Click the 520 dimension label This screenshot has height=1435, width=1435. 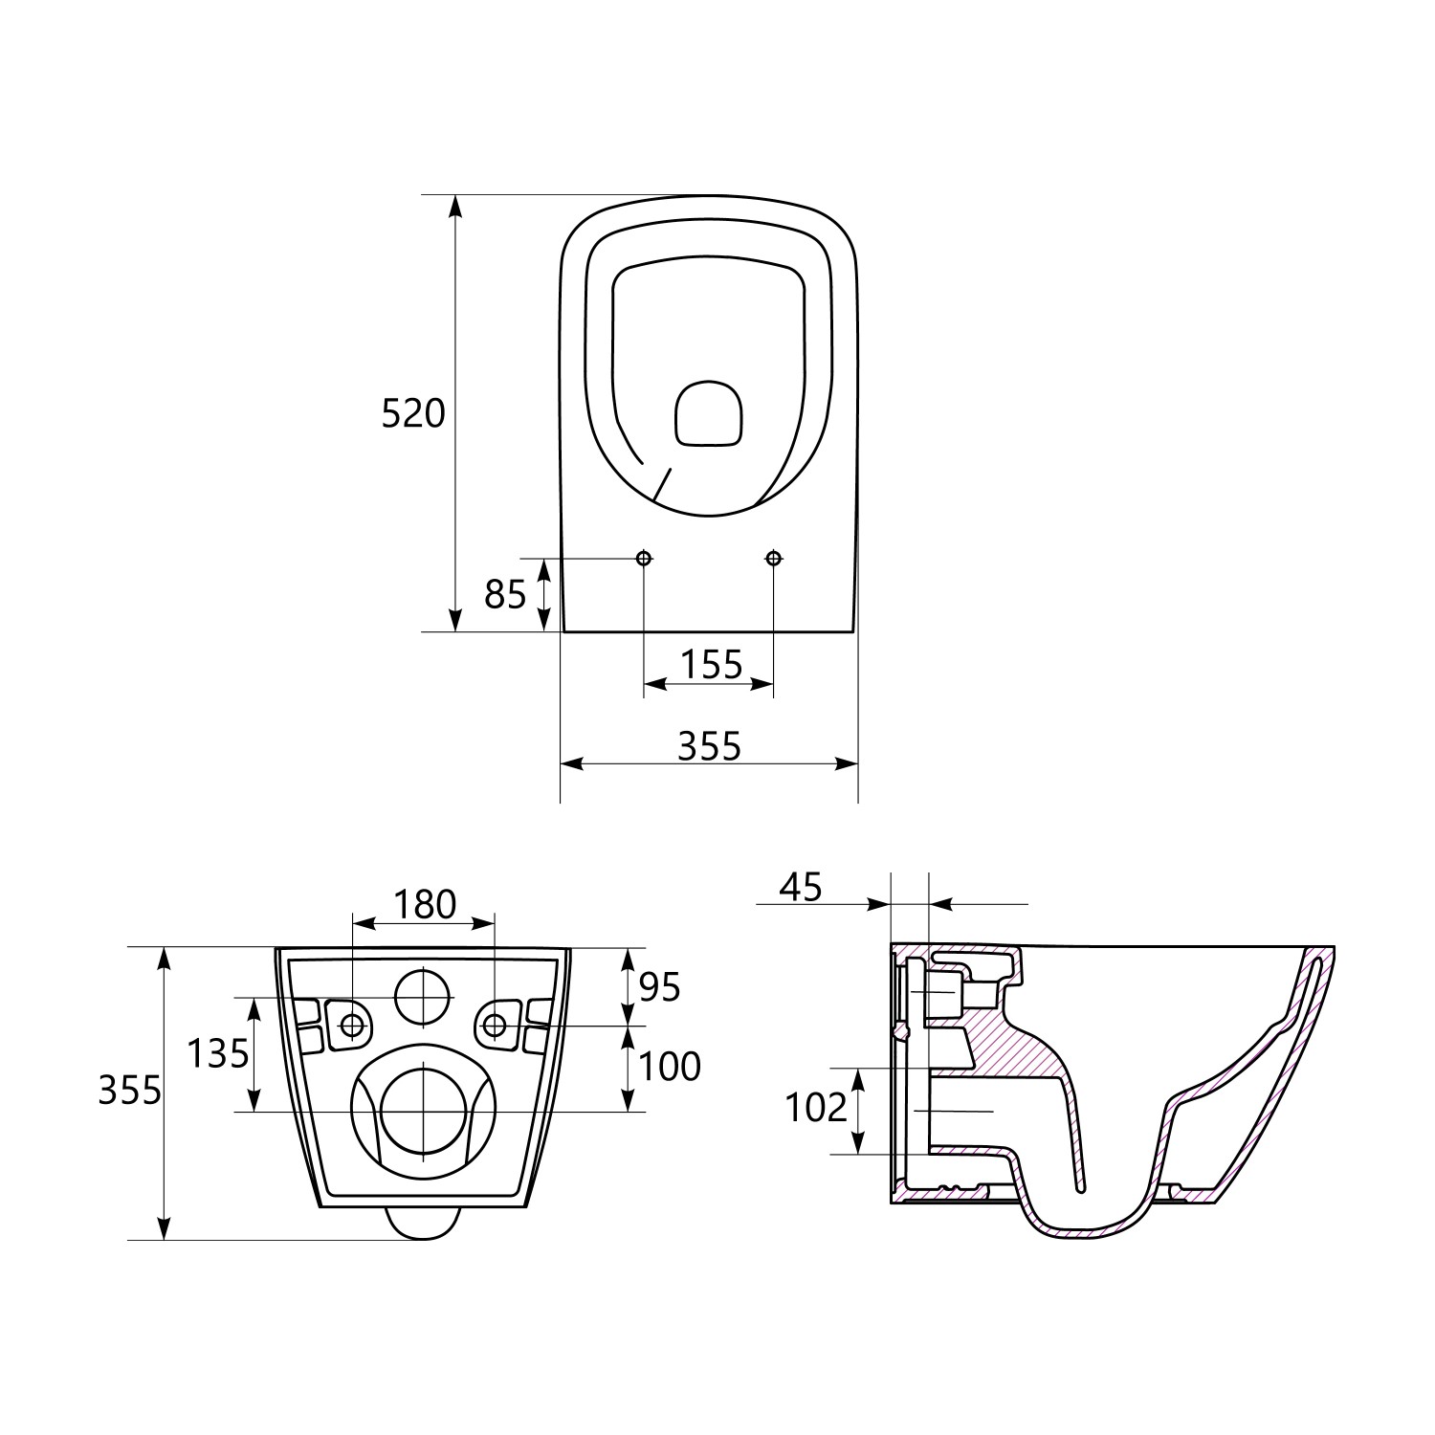pyautogui.click(x=413, y=413)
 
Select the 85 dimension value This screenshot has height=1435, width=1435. pyautogui.click(x=505, y=594)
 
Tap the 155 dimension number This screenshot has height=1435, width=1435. pyautogui.click(x=711, y=663)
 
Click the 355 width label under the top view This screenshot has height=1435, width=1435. pyautogui.click(x=709, y=745)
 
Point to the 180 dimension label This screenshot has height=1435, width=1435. pyautogui.click(x=426, y=904)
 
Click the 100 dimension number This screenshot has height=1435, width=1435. pyautogui.click(x=670, y=1066)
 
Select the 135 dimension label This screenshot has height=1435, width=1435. pyautogui.click(x=218, y=1053)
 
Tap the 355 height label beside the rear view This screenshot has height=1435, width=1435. pyautogui.click(x=130, y=1090)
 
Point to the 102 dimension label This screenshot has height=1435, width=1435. pyautogui.click(x=816, y=1108)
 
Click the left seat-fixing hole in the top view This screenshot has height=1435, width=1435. pyautogui.click(x=644, y=558)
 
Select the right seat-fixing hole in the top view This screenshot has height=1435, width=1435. pyautogui.click(x=774, y=558)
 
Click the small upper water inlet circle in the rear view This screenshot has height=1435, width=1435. pyautogui.click(x=423, y=996)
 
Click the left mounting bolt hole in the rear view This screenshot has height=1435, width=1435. pyautogui.click(x=353, y=1026)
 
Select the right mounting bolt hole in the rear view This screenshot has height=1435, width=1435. pyautogui.click(x=495, y=1026)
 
